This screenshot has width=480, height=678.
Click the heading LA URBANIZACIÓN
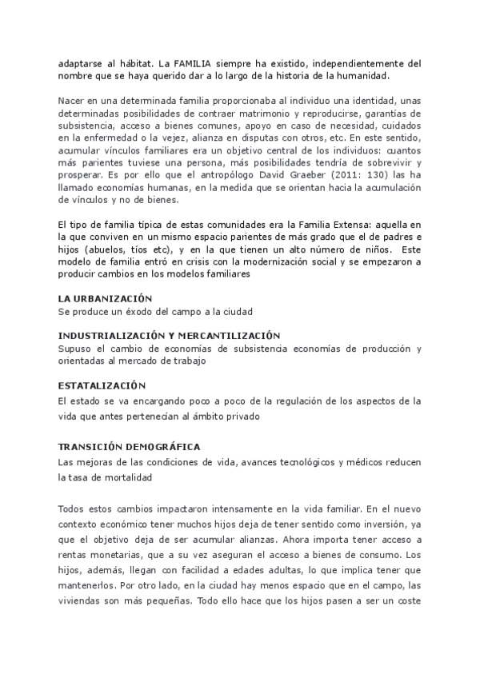click(x=106, y=297)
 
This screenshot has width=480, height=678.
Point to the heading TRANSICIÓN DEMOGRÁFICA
click(x=130, y=446)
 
